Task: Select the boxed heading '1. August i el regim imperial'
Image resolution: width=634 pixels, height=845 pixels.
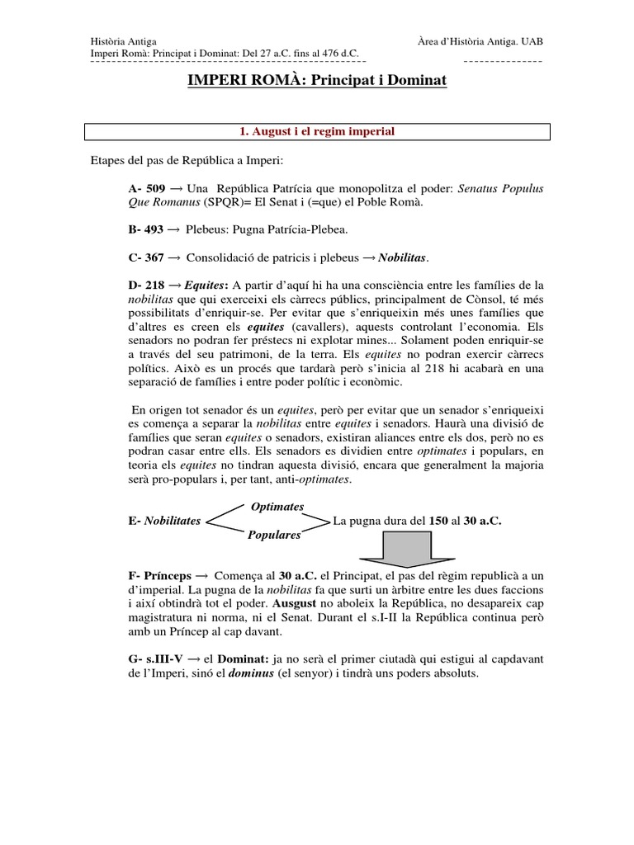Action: [x=317, y=131]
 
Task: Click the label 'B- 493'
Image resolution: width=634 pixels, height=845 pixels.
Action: [x=145, y=230]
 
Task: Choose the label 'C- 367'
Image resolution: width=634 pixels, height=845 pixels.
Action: [x=146, y=257]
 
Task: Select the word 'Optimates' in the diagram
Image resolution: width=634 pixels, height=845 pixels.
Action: [x=277, y=506]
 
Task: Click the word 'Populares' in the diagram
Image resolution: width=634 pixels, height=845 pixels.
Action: [x=274, y=536]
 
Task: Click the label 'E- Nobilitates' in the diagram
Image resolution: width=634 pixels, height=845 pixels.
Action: [x=164, y=522]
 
